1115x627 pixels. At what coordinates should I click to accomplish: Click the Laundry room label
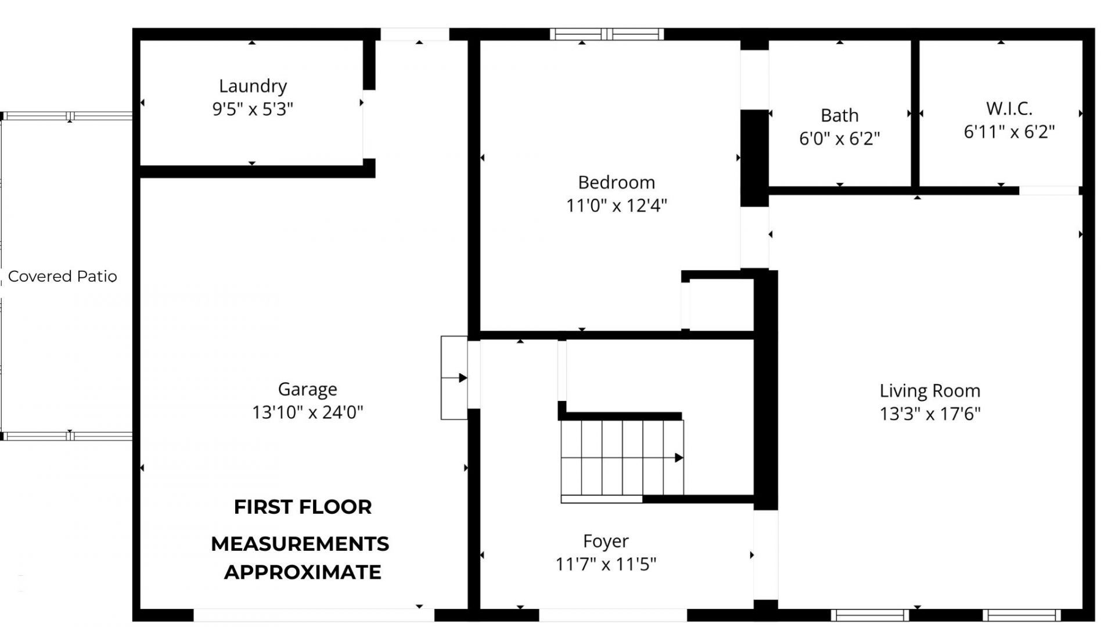click(253, 86)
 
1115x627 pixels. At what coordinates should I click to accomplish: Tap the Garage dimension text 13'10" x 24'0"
click(307, 412)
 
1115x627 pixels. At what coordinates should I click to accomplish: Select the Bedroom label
click(616, 182)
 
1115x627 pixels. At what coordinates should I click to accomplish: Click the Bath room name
click(839, 116)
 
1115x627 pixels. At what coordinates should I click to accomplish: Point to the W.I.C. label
click(1009, 109)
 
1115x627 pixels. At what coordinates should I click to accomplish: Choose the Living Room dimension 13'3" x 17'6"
click(930, 414)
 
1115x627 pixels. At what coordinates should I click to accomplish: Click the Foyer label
click(606, 541)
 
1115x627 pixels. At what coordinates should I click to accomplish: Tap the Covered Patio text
click(62, 277)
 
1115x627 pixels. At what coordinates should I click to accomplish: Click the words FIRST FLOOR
click(303, 507)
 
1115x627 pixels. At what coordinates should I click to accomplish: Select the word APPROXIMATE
click(303, 572)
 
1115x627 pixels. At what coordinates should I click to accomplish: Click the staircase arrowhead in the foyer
click(678, 458)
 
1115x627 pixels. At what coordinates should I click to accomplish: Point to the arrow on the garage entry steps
click(463, 378)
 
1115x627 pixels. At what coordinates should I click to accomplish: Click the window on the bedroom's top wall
click(606, 34)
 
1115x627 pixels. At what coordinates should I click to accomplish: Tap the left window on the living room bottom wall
click(869, 615)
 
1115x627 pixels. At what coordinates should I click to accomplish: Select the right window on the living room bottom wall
click(1022, 615)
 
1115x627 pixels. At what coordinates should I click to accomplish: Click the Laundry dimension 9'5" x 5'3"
click(253, 109)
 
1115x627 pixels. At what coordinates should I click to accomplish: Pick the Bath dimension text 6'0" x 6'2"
click(839, 139)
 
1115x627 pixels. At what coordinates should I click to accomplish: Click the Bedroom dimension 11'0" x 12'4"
click(616, 206)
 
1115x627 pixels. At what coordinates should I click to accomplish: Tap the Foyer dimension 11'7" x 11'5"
click(606, 564)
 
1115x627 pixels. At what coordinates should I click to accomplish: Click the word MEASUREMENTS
click(300, 544)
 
